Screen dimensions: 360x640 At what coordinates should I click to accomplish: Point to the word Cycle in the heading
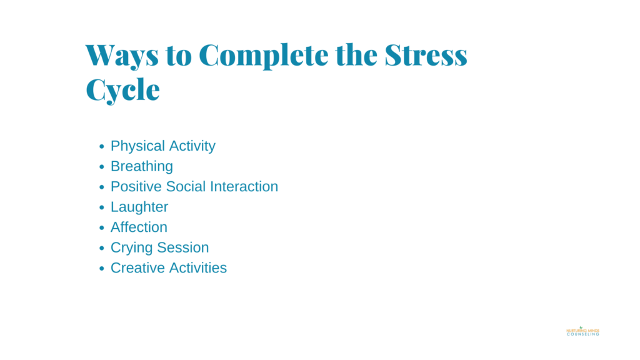[122, 90]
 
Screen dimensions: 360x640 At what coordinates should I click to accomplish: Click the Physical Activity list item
[162, 146]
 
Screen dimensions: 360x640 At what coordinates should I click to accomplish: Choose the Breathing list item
[141, 166]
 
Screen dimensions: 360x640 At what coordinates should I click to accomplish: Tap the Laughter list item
[139, 207]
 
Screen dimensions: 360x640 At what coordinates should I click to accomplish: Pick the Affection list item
[139, 227]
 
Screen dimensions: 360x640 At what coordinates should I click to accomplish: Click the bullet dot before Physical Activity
[102, 147]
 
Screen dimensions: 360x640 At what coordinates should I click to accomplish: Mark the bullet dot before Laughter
[102, 207]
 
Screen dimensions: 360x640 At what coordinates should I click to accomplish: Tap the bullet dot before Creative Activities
[102, 269]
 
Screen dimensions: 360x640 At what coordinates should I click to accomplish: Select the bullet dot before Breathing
[102, 167]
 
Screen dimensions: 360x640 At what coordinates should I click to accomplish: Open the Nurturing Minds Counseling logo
[582, 331]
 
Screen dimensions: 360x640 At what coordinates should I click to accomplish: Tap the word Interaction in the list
[245, 186]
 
